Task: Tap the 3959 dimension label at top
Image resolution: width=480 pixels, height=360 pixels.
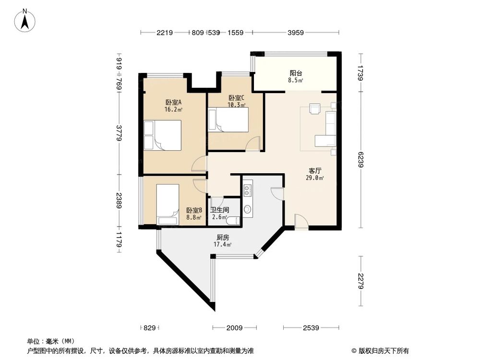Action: (296, 33)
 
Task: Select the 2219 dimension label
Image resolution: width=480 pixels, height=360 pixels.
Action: (164, 33)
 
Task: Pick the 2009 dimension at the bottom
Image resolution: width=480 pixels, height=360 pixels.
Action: (235, 328)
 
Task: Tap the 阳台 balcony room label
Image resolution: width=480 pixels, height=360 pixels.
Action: (295, 73)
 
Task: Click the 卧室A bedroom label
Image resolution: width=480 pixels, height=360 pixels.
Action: (173, 102)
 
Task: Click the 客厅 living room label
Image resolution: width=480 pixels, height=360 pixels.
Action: (315, 170)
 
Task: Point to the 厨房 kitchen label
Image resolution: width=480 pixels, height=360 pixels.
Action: (222, 238)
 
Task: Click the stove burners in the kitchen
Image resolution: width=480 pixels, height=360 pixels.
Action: (247, 191)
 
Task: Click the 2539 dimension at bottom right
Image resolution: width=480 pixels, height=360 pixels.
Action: (312, 328)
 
